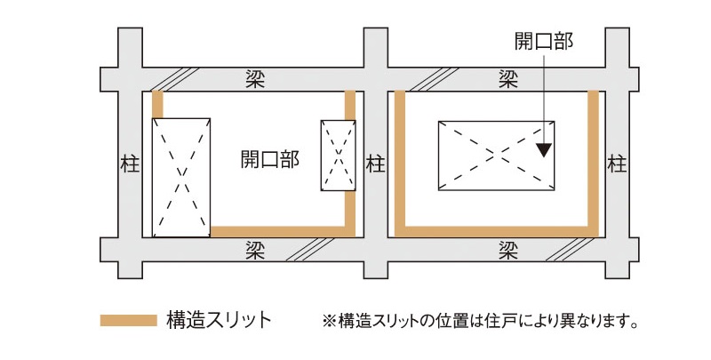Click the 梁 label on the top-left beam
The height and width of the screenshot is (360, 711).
[x=256, y=77]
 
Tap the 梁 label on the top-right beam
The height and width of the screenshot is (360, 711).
[x=508, y=77]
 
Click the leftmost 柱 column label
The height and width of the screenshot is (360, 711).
[x=128, y=164]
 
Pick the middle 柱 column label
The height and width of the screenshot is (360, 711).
[x=376, y=164]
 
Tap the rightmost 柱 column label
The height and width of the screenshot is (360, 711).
[x=618, y=164]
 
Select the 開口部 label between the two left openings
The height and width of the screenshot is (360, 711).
[x=270, y=160]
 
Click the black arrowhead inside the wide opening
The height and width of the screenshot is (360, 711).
[x=544, y=149]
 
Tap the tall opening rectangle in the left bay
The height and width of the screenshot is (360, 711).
[x=181, y=176]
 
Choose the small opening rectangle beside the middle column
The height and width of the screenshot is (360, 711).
[x=337, y=155]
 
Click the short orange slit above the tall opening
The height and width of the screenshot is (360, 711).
[x=158, y=103]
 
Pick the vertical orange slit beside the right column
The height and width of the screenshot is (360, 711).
[x=593, y=160]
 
